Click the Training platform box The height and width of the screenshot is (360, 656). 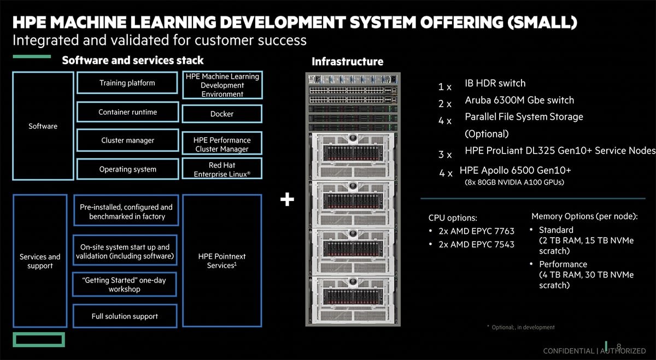(127, 84)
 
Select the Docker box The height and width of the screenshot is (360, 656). (221, 114)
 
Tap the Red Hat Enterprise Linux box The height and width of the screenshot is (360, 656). (221, 169)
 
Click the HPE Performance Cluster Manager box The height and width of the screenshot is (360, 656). (221, 145)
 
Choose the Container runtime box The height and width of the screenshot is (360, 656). (127, 113)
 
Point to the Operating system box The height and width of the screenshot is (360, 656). (127, 169)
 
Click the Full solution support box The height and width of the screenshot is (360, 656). (125, 316)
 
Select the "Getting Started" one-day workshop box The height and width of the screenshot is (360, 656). (125, 284)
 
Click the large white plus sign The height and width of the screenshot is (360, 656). (287, 200)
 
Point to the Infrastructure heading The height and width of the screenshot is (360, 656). (347, 62)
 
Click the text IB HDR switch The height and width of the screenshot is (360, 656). (495, 84)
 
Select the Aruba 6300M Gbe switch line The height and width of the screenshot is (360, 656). (519, 101)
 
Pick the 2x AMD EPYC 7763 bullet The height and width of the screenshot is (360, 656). (476, 231)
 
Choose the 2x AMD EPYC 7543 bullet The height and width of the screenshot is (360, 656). (476, 245)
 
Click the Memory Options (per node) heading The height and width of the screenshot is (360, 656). (584, 216)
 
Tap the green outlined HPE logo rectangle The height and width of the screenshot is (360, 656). (39, 339)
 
